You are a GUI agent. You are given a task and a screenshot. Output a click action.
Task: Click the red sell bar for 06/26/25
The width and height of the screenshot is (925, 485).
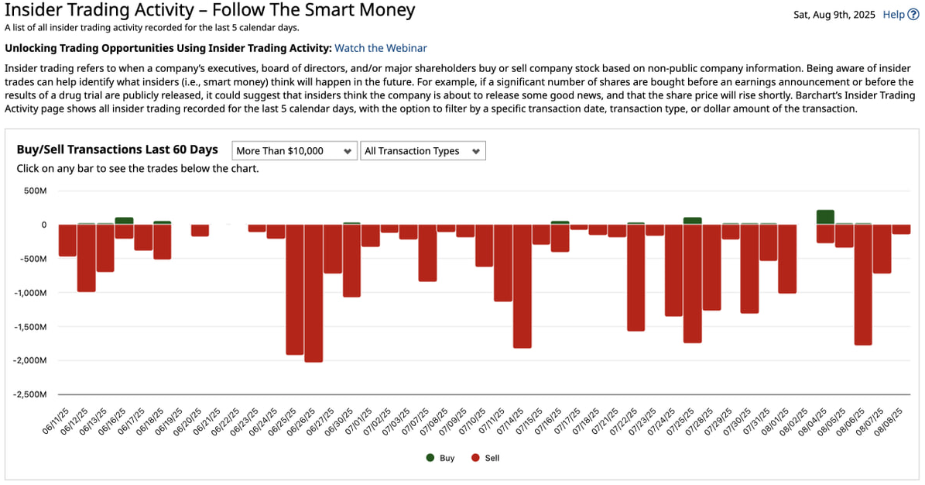click(x=313, y=293)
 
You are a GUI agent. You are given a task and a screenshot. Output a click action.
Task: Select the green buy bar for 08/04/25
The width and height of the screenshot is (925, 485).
click(x=825, y=217)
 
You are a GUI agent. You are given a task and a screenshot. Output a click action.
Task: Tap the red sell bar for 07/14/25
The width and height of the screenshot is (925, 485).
click(x=522, y=286)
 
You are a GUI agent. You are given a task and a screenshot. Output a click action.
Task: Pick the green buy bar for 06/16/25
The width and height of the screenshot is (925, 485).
click(x=124, y=221)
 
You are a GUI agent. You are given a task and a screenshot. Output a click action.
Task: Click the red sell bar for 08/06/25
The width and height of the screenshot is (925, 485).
click(x=863, y=284)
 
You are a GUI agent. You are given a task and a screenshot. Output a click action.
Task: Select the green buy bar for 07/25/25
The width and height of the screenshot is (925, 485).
click(x=693, y=221)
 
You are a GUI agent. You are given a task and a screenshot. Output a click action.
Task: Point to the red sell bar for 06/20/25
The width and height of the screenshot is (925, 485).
click(x=200, y=230)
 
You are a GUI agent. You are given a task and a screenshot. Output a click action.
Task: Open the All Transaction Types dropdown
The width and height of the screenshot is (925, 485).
click(x=423, y=151)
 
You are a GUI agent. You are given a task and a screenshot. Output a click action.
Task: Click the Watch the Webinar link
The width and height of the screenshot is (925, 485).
click(x=380, y=48)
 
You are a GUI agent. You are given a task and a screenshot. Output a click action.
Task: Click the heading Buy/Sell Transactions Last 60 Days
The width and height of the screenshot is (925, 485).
click(x=117, y=150)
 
